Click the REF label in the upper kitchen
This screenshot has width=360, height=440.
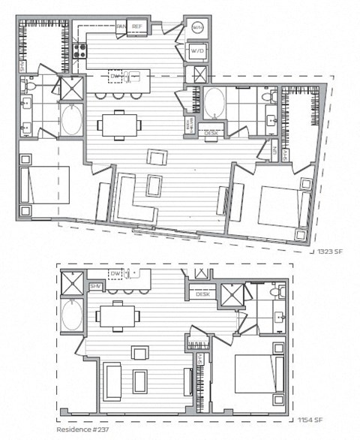(136, 26)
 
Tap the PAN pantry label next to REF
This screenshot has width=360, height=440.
(121, 26)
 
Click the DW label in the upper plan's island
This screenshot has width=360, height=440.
(115, 76)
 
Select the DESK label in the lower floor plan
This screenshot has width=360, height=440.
(202, 295)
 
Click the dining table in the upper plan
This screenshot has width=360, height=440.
(119, 125)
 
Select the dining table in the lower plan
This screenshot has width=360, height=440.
(115, 315)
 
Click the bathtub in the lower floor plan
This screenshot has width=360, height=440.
(71, 317)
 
